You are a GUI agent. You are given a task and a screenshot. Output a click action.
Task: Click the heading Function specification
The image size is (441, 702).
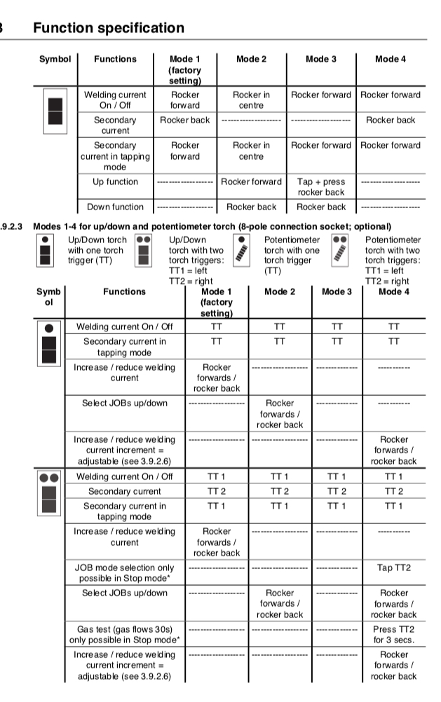(x=109, y=28)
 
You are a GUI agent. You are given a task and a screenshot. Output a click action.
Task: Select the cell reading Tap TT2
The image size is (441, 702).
(x=394, y=567)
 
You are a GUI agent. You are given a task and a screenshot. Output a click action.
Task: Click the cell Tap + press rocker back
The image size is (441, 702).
(x=320, y=187)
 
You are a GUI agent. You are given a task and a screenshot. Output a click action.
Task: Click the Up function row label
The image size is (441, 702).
(x=116, y=181)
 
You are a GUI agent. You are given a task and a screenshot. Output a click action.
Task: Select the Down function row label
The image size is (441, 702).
(x=116, y=207)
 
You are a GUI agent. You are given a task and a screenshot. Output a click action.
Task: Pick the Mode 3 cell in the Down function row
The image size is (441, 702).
(x=320, y=207)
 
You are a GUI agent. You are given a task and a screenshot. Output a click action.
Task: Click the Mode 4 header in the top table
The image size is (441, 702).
(x=391, y=59)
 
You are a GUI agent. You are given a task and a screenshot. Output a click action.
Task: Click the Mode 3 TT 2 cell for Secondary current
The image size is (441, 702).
(x=337, y=491)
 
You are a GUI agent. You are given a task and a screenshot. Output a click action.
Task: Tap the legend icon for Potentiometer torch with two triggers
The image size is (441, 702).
(x=340, y=249)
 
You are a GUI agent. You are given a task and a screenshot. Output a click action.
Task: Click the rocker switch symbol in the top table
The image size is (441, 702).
(x=55, y=112)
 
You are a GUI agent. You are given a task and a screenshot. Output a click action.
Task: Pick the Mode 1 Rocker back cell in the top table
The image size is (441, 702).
(x=184, y=120)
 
